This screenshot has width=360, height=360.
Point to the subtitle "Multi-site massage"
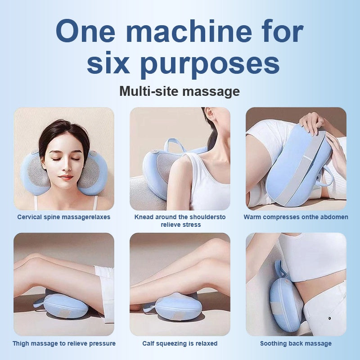(180, 91)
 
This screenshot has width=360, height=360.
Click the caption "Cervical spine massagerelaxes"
(64, 217)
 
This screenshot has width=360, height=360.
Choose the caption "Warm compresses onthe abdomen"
(296, 217)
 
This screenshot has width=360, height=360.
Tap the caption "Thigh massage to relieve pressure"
(64, 343)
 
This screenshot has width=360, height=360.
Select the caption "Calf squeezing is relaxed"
(180, 343)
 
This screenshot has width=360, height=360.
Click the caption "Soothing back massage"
(296, 343)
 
